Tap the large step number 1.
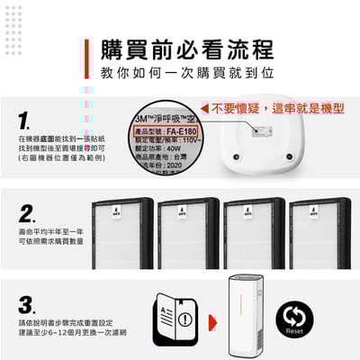click(x=27, y=120)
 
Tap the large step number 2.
click(x=27, y=213)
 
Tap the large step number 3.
click(x=27, y=304)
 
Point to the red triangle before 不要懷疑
click(x=205, y=108)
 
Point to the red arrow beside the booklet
click(x=212, y=319)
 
